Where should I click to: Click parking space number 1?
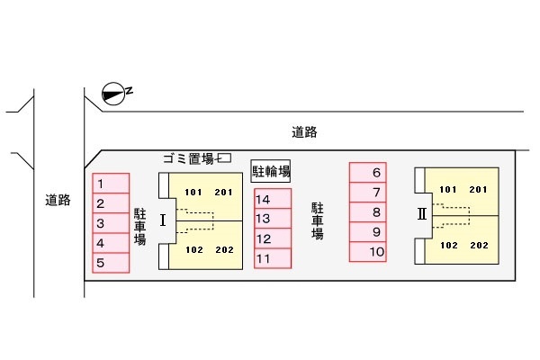coord(111,184)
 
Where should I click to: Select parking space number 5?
coord(111,263)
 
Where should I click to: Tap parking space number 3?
coord(111,223)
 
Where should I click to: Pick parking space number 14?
coord(273,199)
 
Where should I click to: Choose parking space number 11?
coord(273,258)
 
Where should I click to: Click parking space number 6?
coord(368,172)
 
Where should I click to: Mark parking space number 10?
coord(368,252)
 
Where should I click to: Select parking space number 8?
coord(368,211)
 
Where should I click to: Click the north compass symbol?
coord(113,94)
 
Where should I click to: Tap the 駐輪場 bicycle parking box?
coord(271,171)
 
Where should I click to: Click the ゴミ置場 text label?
coord(189,158)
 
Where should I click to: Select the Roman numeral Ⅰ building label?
coord(163,220)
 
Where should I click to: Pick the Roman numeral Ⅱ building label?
coord(422,214)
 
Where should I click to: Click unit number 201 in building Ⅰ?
coord(223,193)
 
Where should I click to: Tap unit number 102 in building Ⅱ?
coord(449,246)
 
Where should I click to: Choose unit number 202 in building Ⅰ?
coord(224,250)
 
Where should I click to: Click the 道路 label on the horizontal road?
coord(304,132)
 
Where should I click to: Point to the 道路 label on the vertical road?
coord(58,200)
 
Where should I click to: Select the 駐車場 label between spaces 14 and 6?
coord(318,220)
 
